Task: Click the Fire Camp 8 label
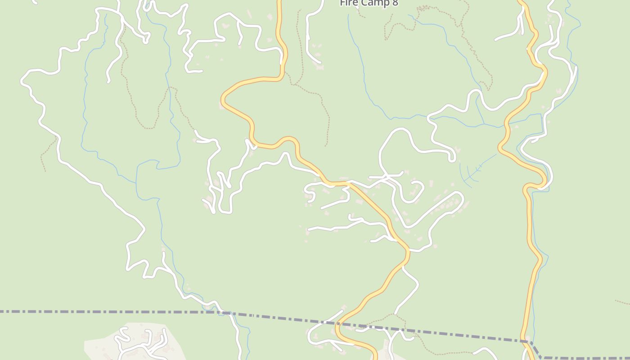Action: (x=369, y=3)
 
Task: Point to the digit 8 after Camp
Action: (x=395, y=3)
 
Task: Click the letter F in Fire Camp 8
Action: (x=342, y=3)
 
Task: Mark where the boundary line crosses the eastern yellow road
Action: (x=525, y=341)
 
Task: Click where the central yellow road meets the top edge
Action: (x=279, y=1)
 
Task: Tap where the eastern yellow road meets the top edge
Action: (x=521, y=1)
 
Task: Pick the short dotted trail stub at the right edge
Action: (x=623, y=302)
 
